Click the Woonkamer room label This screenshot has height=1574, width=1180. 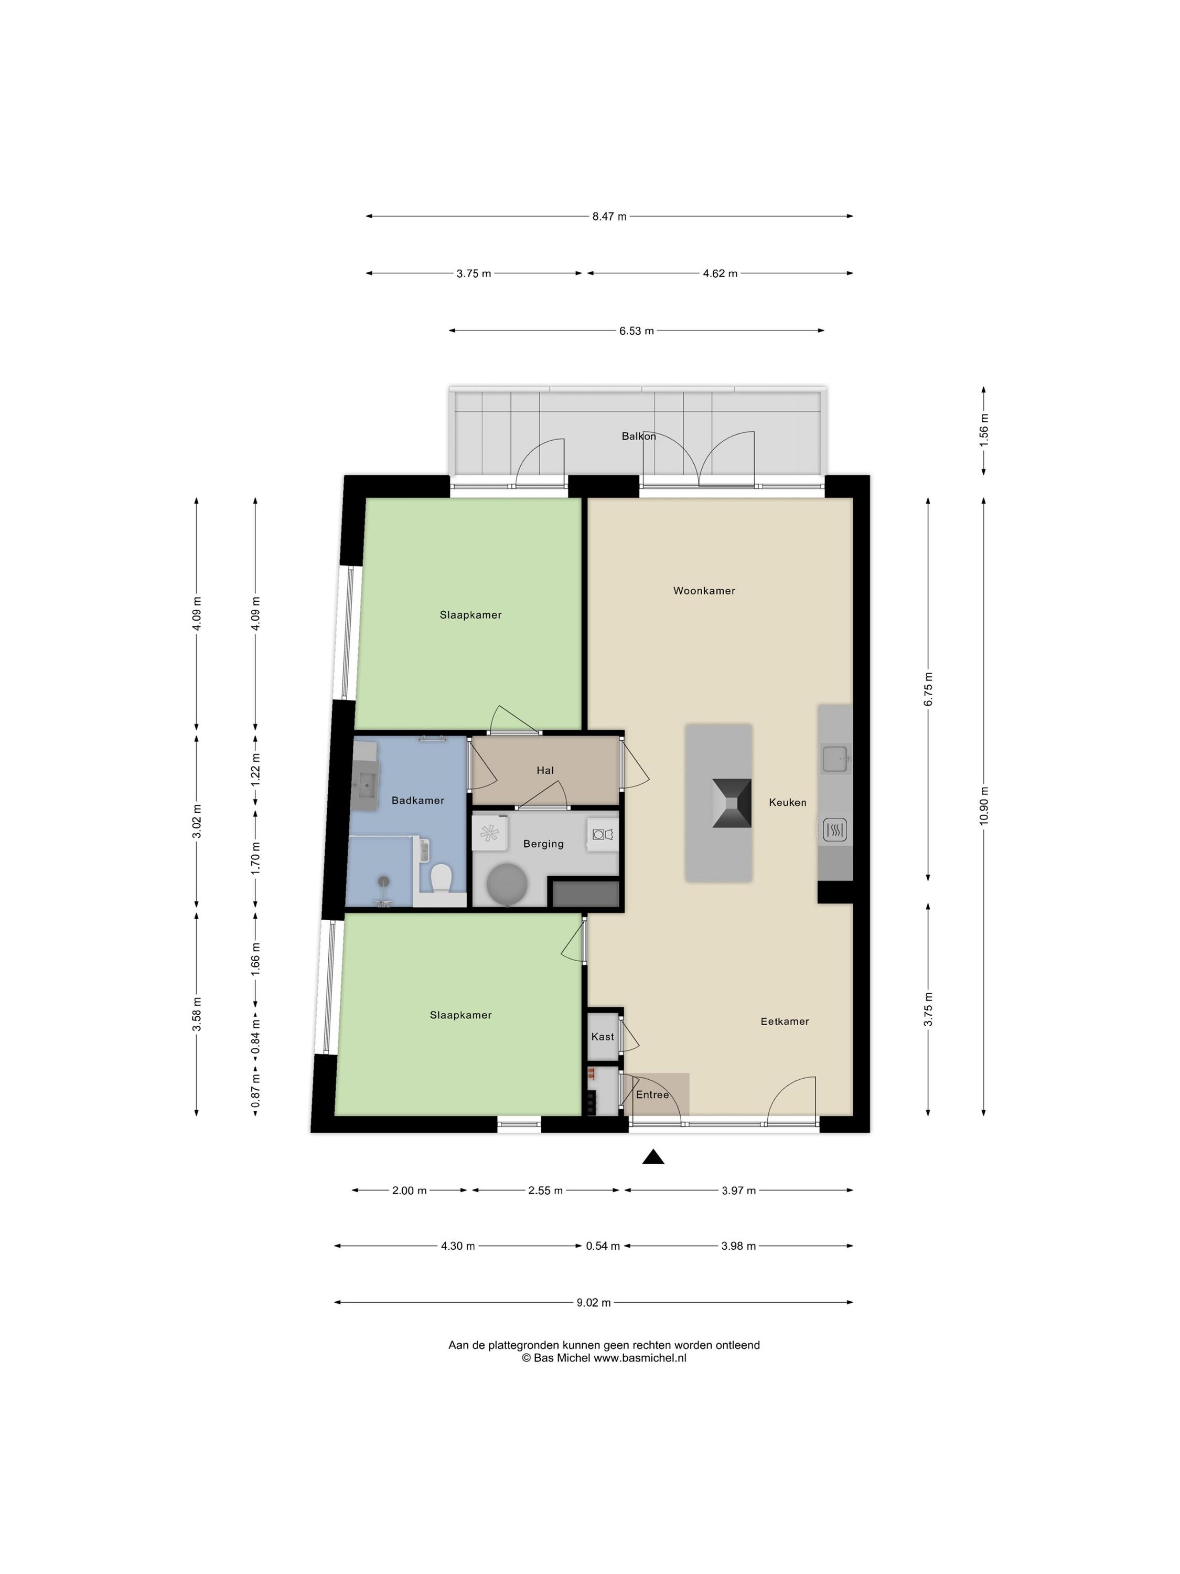(703, 590)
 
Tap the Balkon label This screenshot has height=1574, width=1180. (638, 435)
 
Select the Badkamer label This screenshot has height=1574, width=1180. (417, 800)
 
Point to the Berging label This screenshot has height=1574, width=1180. (543, 844)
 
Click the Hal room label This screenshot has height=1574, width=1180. (545, 770)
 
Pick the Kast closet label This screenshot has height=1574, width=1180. (603, 1036)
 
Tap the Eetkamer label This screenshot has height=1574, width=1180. (785, 1021)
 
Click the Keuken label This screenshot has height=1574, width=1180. (787, 802)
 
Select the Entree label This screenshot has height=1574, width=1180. (652, 1094)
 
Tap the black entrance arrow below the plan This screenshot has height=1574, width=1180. (653, 1157)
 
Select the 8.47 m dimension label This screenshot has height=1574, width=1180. (609, 216)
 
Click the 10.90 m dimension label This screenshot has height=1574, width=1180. (984, 805)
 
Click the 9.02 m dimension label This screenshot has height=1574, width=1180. (593, 1303)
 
